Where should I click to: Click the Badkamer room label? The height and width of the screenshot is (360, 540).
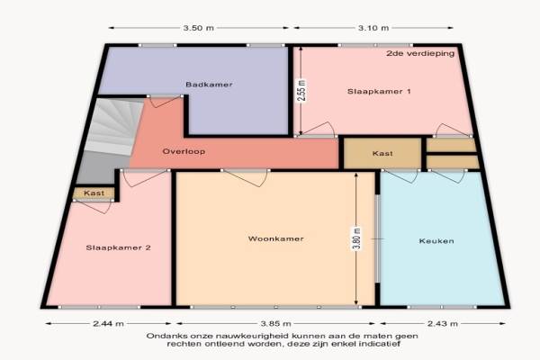point(209,85)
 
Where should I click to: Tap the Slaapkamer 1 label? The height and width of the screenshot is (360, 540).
point(379,91)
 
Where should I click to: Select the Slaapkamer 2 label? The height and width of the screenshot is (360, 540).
point(118,247)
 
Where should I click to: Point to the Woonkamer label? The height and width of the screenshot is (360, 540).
point(276,238)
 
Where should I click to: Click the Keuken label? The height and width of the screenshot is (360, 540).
point(436,241)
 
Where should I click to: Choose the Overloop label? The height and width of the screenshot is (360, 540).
point(184,151)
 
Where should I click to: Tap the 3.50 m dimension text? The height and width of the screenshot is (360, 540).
point(198,28)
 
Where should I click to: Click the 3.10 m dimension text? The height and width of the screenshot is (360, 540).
point(373,28)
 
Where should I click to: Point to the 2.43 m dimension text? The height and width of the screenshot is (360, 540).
point(443,323)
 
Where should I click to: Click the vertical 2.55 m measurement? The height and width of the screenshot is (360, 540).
point(301,91)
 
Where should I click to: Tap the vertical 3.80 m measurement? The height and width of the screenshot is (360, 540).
point(356,238)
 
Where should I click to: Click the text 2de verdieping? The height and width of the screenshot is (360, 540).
point(420,53)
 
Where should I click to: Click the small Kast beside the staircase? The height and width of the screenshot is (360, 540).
point(94,193)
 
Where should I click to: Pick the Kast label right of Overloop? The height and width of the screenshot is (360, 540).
point(382,153)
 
